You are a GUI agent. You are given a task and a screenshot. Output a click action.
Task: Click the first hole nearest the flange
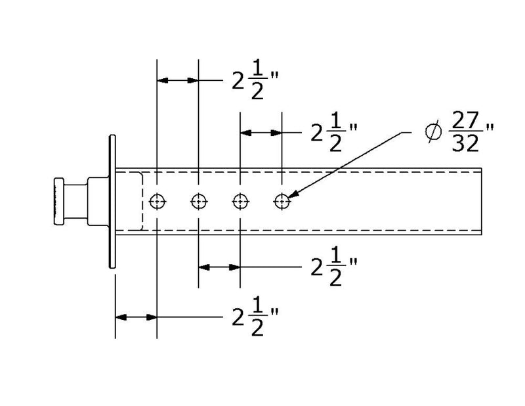pyautogui.click(x=157, y=200)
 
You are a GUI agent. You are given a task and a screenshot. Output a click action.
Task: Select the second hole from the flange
pyautogui.click(x=198, y=200)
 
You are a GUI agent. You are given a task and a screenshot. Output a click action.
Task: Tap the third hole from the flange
pyautogui.click(x=240, y=200)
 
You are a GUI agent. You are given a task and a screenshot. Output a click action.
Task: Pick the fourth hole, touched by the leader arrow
pyautogui.click(x=282, y=200)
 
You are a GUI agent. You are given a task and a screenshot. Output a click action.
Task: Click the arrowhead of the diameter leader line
pyautogui.click(x=293, y=194)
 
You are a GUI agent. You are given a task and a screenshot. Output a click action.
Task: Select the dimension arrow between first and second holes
pyautogui.click(x=177, y=80)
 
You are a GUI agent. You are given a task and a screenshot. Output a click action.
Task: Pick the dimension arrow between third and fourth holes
pyautogui.click(x=261, y=132)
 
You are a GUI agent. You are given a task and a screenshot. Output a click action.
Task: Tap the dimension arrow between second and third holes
pyautogui.click(x=219, y=267)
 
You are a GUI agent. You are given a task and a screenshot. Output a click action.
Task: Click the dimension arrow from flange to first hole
pyautogui.click(x=136, y=317)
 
